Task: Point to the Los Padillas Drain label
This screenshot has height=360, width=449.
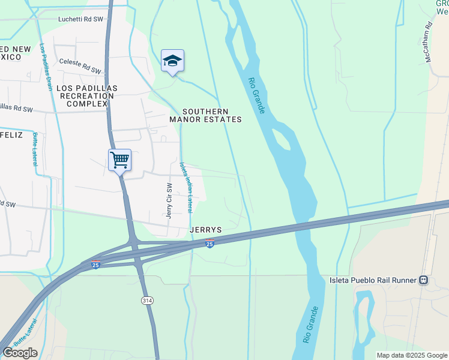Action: (x=46, y=67)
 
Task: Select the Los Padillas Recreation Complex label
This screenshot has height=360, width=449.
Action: (x=87, y=96)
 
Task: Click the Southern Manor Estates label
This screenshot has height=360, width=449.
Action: (x=205, y=115)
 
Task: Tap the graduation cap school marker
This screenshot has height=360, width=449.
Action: (x=172, y=61)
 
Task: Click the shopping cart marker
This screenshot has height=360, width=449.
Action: (x=119, y=160)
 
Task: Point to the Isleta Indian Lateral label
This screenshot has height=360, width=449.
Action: (x=185, y=187)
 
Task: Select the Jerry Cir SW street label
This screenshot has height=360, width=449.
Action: (x=170, y=200)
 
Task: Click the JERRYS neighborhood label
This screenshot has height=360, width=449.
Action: (x=206, y=230)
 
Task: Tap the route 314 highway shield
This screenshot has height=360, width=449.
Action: (x=146, y=299)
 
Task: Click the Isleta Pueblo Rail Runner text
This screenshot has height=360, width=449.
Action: (x=373, y=280)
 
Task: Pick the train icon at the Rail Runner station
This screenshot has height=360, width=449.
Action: (x=424, y=280)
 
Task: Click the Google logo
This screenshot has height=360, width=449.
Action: (x=20, y=353)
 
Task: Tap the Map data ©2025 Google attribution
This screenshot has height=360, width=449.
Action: (x=411, y=356)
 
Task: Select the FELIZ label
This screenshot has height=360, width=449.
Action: (x=11, y=135)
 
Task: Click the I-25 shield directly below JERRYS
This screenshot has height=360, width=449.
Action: (x=209, y=244)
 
